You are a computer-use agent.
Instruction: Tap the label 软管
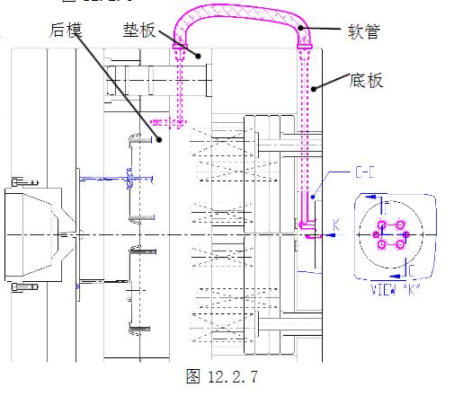tap(364, 32)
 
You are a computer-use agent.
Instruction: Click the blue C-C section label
tap(366, 169)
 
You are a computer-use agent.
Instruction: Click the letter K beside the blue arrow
tap(337, 222)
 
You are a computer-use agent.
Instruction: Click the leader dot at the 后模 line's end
tap(159, 139)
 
